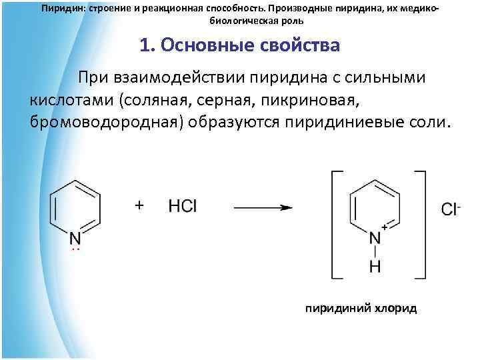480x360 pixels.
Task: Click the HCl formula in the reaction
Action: click(x=183, y=206)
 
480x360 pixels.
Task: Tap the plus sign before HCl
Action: click(x=139, y=205)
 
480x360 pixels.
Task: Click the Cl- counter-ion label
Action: click(x=451, y=209)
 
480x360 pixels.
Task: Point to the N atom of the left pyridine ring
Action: click(x=75, y=238)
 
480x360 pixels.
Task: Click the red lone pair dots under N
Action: click(x=75, y=249)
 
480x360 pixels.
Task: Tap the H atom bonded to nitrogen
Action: click(x=375, y=267)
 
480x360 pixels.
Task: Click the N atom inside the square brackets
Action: click(x=375, y=238)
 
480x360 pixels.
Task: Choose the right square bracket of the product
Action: click(x=421, y=224)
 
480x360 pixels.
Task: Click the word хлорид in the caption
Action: click(x=395, y=309)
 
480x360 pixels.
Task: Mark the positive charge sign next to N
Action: click(x=385, y=228)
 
